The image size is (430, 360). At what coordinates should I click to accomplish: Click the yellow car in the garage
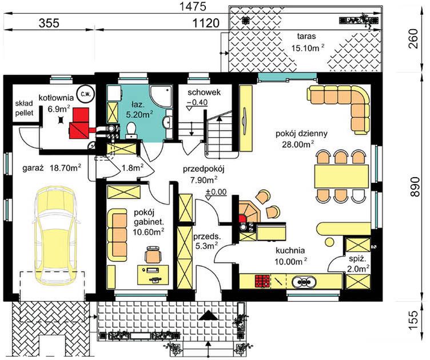pyautogui.click(x=55, y=235)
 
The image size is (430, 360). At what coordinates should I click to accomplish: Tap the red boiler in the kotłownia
pyautogui.click(x=79, y=123)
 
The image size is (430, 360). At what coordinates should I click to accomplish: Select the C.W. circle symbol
pyautogui.click(x=86, y=93)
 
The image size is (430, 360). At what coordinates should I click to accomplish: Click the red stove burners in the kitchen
pyautogui.click(x=262, y=281)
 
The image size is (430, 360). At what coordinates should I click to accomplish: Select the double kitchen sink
pyautogui.click(x=304, y=281)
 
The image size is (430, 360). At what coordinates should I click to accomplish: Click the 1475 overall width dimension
pyautogui.click(x=192, y=7)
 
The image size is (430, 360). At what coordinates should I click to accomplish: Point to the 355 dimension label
pyautogui.click(x=49, y=23)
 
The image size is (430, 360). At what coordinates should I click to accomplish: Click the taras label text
pyautogui.click(x=306, y=36)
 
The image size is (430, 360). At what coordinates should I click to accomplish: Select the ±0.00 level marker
pyautogui.click(x=216, y=192)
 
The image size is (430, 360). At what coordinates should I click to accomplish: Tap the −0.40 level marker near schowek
pyautogui.click(x=197, y=103)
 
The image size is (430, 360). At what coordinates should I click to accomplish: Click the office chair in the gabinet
pyautogui.click(x=153, y=255)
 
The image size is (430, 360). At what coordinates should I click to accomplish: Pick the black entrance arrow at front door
pyautogui.click(x=208, y=315)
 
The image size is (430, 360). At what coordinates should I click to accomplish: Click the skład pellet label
pyautogui.click(x=24, y=108)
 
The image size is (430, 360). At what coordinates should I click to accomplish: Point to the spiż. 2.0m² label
pyautogui.click(x=358, y=263)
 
